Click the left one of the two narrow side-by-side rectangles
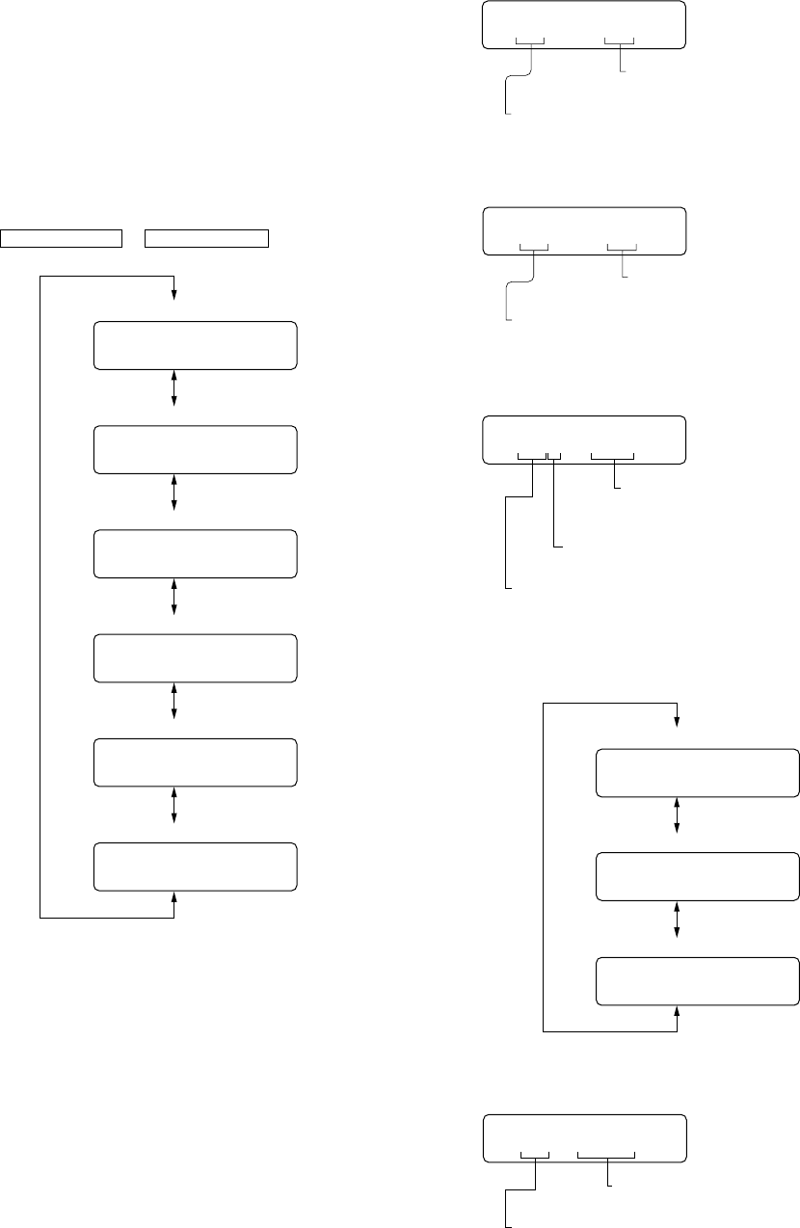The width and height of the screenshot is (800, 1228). pyautogui.click(x=63, y=236)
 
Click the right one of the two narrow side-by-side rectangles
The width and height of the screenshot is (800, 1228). pyautogui.click(x=206, y=236)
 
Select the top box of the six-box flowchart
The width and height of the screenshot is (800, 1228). pyautogui.click(x=195, y=345)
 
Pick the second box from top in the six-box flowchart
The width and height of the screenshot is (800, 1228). pyautogui.click(x=195, y=449)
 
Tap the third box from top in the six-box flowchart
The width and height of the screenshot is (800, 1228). pyautogui.click(x=195, y=553)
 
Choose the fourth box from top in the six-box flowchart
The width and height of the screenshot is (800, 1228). pyautogui.click(x=195, y=657)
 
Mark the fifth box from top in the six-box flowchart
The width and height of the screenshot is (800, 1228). pyautogui.click(x=195, y=761)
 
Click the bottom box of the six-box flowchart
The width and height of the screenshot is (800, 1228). pyautogui.click(x=195, y=866)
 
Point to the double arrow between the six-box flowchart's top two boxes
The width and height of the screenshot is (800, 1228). pyautogui.click(x=174, y=387)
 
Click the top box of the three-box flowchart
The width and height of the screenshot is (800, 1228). pyautogui.click(x=698, y=771)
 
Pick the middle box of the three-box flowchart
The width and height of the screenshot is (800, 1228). pyautogui.click(x=698, y=877)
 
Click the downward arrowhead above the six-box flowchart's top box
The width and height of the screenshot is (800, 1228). pyautogui.click(x=174, y=294)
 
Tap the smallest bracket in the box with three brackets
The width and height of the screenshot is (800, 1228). pyautogui.click(x=554, y=455)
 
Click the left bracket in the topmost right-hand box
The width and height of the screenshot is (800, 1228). pyautogui.click(x=531, y=42)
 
